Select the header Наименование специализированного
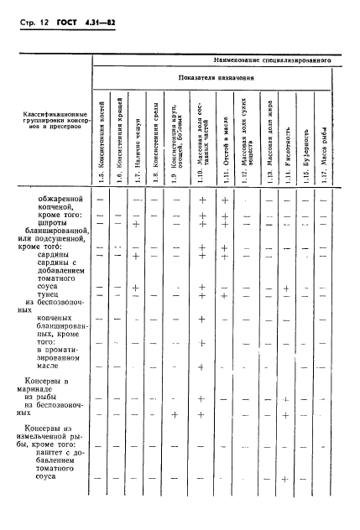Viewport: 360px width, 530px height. (268, 62)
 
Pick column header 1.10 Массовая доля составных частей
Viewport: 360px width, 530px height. (203, 143)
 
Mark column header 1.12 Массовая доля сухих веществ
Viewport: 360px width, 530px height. (245, 143)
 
